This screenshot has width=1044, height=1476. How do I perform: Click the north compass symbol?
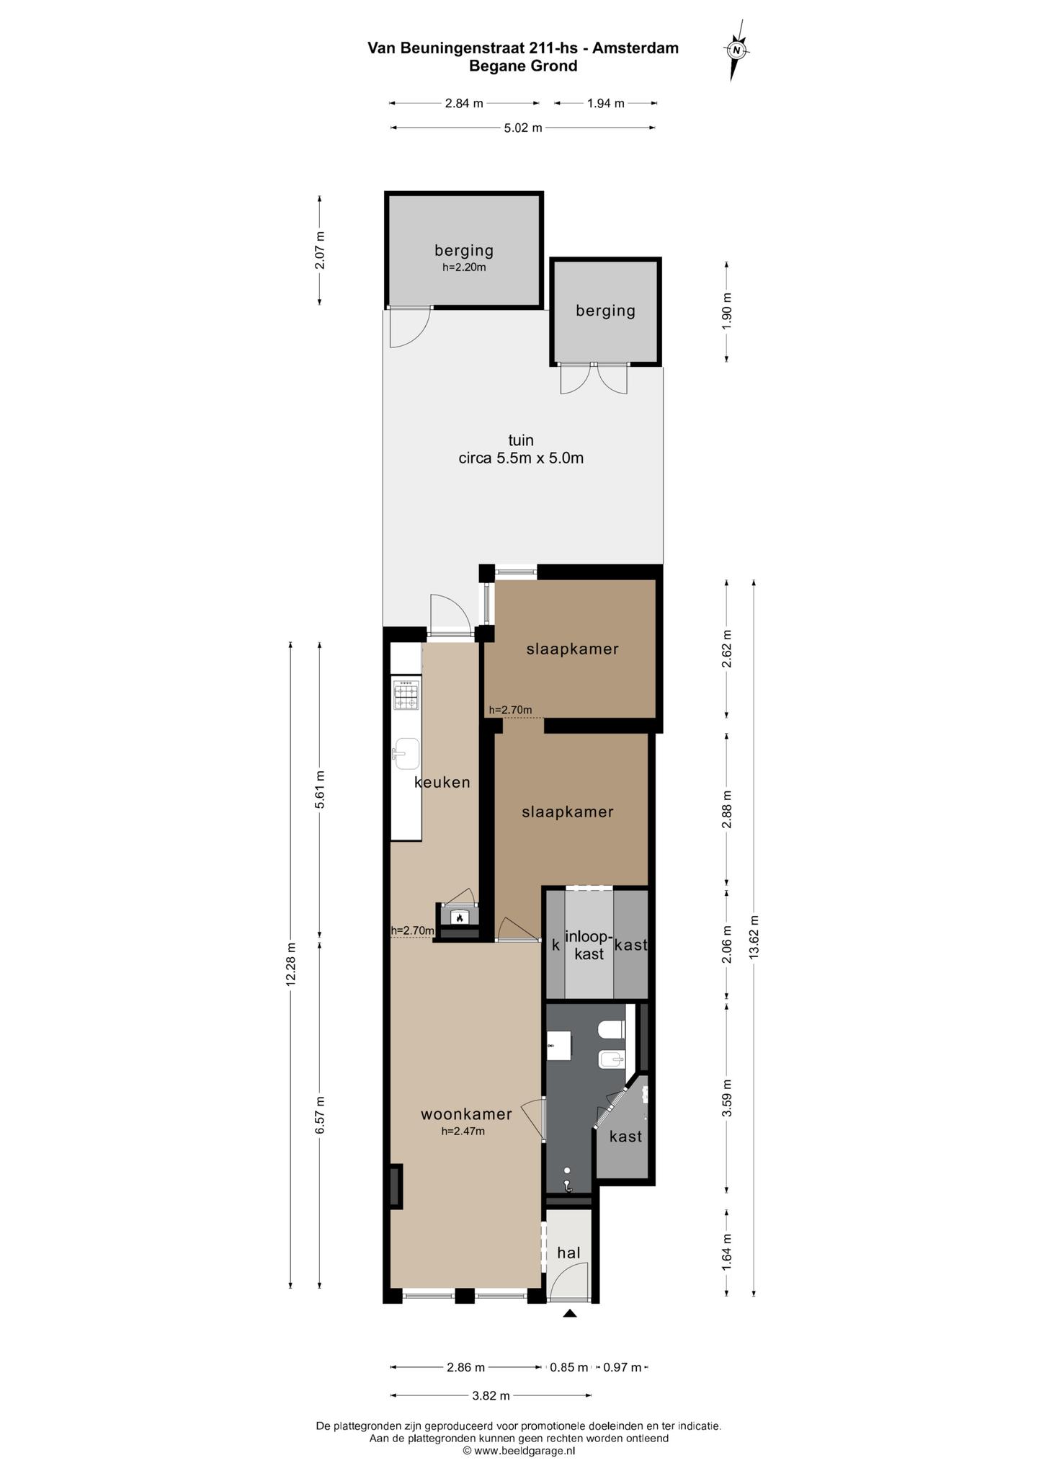[x=736, y=50]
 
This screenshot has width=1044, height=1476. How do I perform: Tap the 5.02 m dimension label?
[x=522, y=128]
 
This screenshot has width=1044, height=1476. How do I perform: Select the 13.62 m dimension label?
[x=754, y=936]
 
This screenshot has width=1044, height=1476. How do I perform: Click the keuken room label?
[x=442, y=782]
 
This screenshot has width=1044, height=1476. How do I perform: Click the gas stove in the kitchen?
[x=406, y=695]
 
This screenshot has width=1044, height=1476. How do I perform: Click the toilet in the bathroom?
[x=612, y=1029]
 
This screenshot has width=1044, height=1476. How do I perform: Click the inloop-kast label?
[x=589, y=945]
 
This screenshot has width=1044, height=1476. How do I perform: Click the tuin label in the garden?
[x=521, y=440]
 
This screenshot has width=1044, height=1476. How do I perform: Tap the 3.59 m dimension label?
[x=727, y=1098]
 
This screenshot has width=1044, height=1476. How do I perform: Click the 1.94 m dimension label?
[x=606, y=103]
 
